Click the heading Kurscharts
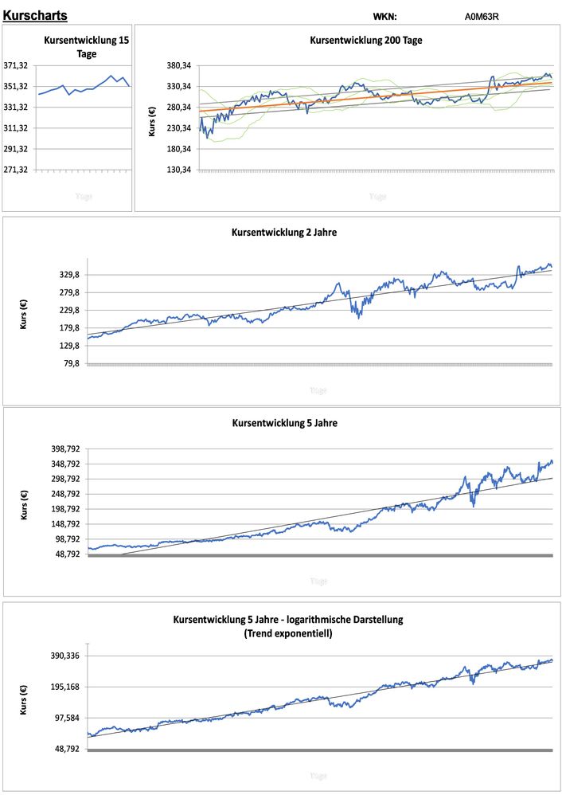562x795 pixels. [36, 15]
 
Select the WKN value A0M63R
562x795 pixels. [482, 16]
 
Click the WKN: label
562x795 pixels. [384, 17]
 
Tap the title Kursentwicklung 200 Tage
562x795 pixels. [365, 40]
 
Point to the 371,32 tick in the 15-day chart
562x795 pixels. [17, 65]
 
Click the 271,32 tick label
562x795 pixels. [17, 170]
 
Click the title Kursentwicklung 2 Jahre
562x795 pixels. [284, 233]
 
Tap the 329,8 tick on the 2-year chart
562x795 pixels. [67, 275]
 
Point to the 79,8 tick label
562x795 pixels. [69, 363]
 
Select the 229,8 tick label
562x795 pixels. [67, 311]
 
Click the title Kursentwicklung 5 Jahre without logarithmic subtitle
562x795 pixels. [284, 423]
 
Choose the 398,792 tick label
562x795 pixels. [64, 449]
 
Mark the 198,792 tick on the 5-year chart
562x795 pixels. [64, 509]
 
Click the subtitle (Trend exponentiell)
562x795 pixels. [288, 634]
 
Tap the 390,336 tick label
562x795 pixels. [64, 656]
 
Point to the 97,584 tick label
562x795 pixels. [67, 718]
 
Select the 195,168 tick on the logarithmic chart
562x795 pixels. [64, 687]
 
